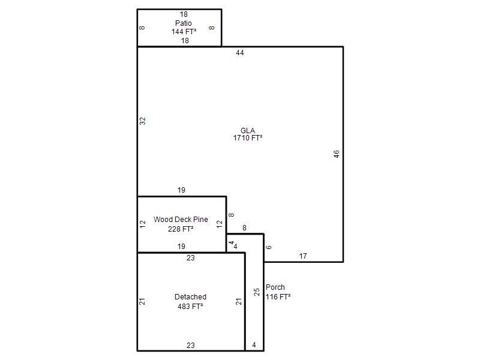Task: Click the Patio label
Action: [184, 23]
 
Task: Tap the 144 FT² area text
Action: [184, 32]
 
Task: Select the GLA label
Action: [248, 130]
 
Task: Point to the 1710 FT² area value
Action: [248, 138]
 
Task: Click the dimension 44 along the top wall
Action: [239, 53]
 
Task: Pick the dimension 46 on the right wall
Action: [336, 154]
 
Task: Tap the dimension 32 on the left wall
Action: [143, 121]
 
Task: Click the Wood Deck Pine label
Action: [181, 220]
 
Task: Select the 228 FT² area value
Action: [181, 229]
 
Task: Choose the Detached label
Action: [190, 296]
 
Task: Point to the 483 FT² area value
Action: [190, 306]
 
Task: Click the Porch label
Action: [275, 287]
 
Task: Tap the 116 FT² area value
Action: [278, 296]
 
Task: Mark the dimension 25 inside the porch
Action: [257, 292]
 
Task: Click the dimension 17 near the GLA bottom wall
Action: [303, 256]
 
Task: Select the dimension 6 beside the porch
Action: [268, 247]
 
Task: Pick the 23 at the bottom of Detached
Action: [191, 346]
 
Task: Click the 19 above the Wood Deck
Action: [181, 190]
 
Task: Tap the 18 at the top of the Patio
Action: [184, 14]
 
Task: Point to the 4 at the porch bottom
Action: [254, 345]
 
